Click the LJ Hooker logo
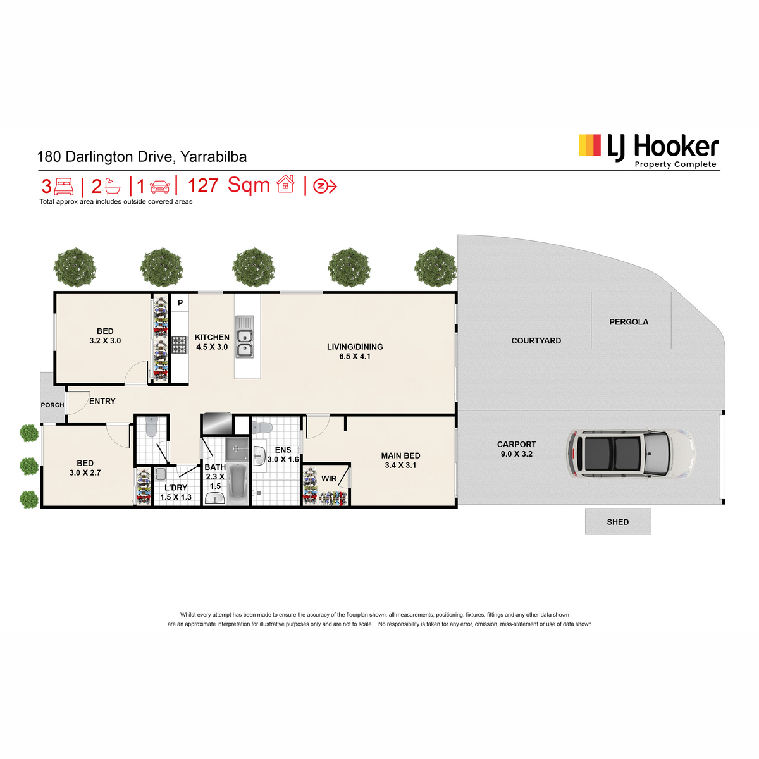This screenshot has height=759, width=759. pos(648,151)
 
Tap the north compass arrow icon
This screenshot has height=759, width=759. pos(324,186)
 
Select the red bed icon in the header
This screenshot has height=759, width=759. pos(64,186)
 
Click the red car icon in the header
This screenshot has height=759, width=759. pos(160,187)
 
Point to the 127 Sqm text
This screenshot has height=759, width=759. pos(228,185)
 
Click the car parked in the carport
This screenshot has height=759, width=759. pos(630,453)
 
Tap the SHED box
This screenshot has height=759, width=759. pos(617,521)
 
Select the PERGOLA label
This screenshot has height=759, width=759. pos(629,322)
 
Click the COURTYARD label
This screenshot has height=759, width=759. pos(536,341)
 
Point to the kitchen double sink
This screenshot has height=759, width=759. pos(245,336)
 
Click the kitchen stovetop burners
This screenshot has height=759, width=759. pos(180,345)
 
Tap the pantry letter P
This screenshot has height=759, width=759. pos(180,303)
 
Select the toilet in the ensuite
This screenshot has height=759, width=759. pos(262,427)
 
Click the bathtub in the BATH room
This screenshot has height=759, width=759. pos(238,484)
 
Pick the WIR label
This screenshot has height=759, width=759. pos(329,479)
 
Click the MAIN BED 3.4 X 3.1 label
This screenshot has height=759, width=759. pos(400,460)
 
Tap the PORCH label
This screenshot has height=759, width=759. pos(52,405)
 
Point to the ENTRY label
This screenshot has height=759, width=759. pos(102,401)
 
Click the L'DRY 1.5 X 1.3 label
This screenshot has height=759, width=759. pos(176,492)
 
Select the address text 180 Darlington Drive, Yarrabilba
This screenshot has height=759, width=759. pos(142,157)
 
